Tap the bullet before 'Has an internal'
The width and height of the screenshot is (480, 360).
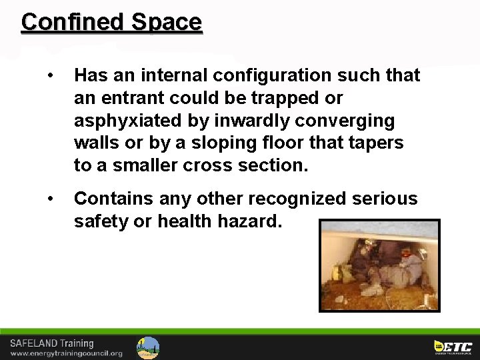point(51,75)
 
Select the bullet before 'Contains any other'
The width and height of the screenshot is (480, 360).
point(51,198)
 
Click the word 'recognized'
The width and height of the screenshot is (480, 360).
point(299,198)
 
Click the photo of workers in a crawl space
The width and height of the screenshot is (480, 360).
point(379,265)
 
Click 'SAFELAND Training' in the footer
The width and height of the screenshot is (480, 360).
point(51,343)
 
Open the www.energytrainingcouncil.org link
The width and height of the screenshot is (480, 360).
point(66,353)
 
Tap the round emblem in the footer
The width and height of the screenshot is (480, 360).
point(148,347)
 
